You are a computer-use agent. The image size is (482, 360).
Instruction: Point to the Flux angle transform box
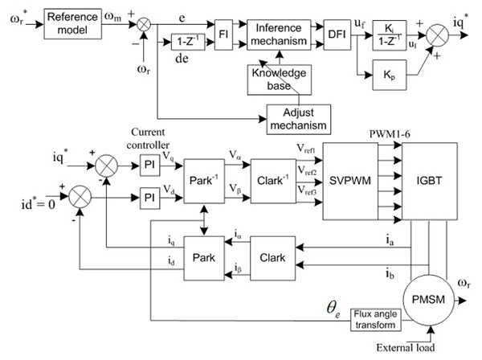click(376, 321)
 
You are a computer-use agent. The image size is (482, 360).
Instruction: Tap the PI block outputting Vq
click(149, 164)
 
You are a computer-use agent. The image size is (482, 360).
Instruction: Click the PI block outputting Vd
click(149, 194)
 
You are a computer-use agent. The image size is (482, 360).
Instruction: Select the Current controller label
click(150, 137)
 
